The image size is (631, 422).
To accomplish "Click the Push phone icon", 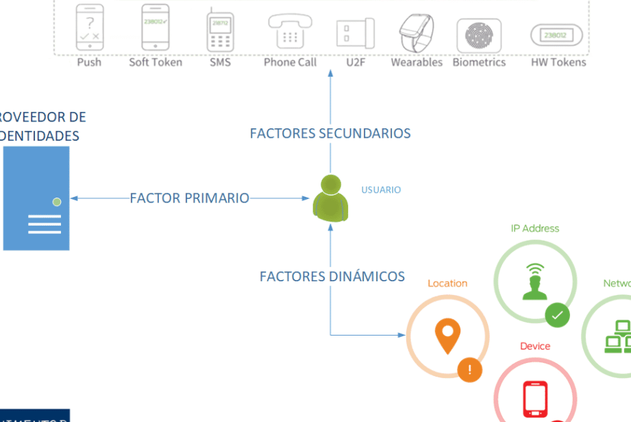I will pyautogui.click(x=89, y=27).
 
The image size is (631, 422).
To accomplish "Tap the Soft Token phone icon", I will pyautogui.click(x=156, y=27).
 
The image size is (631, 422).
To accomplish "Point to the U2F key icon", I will pyautogui.click(x=355, y=33).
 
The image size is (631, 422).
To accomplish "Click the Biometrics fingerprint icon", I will pyautogui.click(x=479, y=34).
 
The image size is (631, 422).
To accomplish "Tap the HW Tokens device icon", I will pyautogui.click(x=556, y=35).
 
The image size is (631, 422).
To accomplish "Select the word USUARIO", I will pyautogui.click(x=381, y=190).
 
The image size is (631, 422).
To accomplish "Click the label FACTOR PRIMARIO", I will pyautogui.click(x=190, y=198).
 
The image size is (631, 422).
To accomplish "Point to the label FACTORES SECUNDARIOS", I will pyautogui.click(x=330, y=133).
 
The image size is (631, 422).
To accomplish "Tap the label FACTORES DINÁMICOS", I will pyautogui.click(x=332, y=277).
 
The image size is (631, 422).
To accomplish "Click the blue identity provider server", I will pyautogui.click(x=36, y=198).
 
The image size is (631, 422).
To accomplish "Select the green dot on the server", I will pyautogui.click(x=57, y=202).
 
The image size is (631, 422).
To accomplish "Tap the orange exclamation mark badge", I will pyautogui.click(x=470, y=371).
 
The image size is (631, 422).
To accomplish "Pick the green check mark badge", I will pyautogui.click(x=557, y=316).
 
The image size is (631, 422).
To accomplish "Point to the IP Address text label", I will pyautogui.click(x=535, y=228).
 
